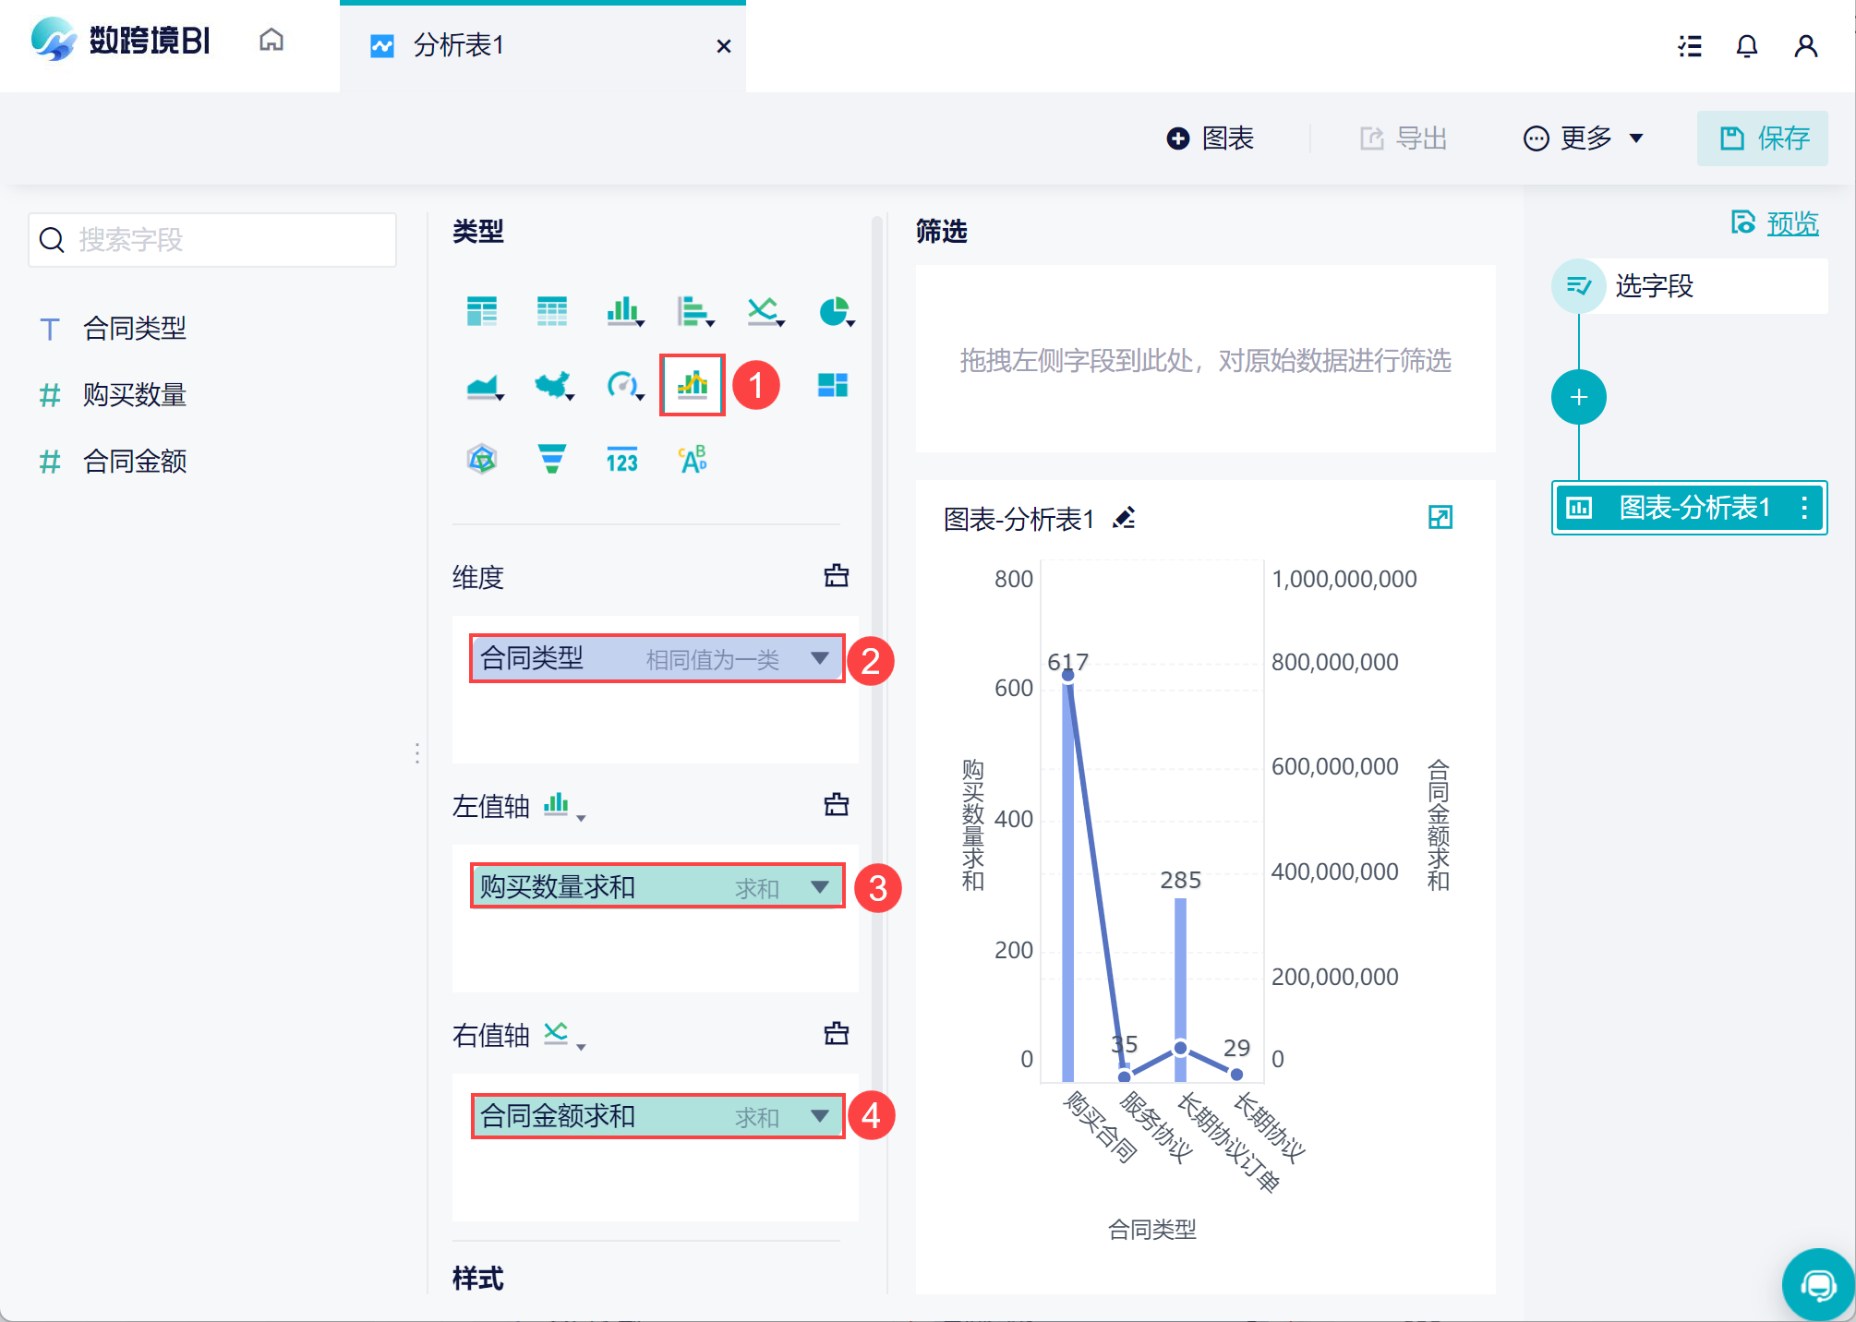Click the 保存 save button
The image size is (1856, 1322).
(1762, 138)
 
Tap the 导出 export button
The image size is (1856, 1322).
(1403, 138)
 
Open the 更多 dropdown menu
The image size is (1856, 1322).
(1584, 138)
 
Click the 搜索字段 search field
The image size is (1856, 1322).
(212, 240)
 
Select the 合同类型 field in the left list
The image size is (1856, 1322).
(134, 328)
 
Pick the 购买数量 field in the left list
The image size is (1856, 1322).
(134, 394)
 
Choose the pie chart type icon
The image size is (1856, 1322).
(835, 311)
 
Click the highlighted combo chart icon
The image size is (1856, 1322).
(693, 384)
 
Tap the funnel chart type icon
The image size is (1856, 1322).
(552, 458)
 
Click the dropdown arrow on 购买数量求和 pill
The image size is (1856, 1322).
(819, 887)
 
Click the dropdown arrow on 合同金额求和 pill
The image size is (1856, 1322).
(819, 1116)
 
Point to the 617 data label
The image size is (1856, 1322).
(1067, 661)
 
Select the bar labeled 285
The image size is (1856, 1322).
(1180, 989)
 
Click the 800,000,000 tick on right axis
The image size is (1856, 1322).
(1334, 662)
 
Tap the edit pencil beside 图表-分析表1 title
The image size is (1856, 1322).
(1124, 518)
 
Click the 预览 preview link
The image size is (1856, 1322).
(1792, 223)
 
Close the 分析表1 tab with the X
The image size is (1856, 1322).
(724, 46)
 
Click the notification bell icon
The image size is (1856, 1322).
(1746, 46)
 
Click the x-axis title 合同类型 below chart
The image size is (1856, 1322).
(1151, 1230)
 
